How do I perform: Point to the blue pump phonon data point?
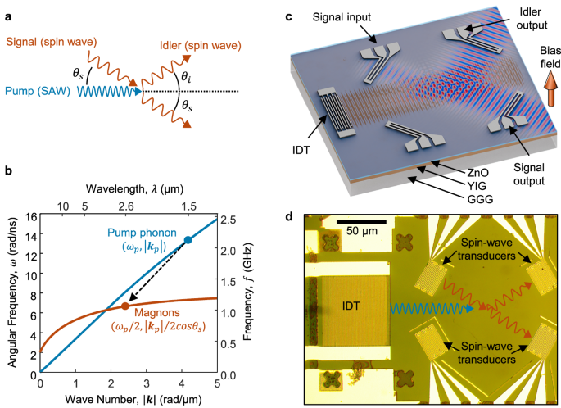(x=188, y=239)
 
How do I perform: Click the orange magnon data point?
(x=124, y=306)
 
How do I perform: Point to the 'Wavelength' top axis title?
(x=126, y=190)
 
